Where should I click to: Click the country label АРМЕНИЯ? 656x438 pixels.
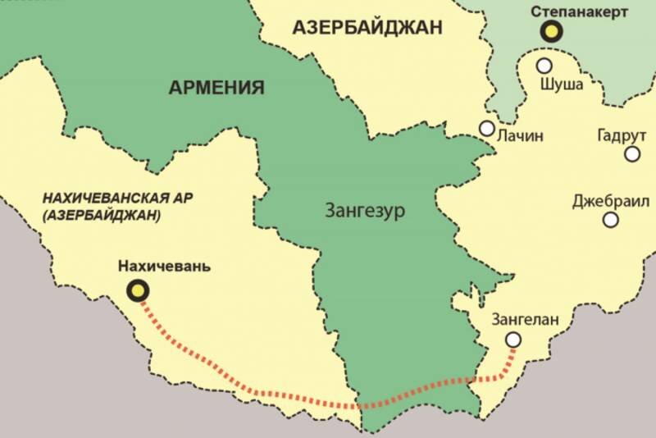tap(216, 88)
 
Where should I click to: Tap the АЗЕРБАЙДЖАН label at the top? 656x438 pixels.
tap(367, 27)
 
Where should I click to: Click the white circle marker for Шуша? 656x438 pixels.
tap(544, 65)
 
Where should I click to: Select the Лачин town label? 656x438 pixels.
tap(521, 136)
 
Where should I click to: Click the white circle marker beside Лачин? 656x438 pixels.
tap(487, 129)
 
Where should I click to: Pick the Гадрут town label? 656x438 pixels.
tap(620, 135)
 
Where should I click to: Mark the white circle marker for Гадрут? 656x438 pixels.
tap(632, 153)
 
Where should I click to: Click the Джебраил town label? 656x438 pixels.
tap(612, 200)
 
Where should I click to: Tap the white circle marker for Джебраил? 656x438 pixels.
tap(610, 220)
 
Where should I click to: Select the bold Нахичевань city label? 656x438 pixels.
tap(164, 267)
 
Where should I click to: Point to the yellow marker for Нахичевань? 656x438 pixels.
tap(137, 290)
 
